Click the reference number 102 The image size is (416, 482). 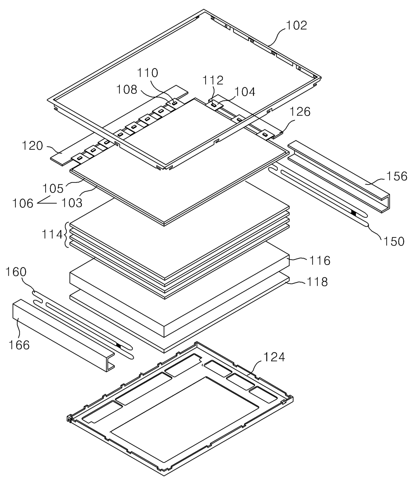[x=297, y=25]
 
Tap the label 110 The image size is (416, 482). [x=147, y=73]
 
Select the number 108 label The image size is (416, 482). [x=126, y=89]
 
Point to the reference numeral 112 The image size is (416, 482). [x=213, y=80]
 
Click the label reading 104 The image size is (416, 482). [x=245, y=92]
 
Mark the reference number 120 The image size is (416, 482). [x=33, y=146]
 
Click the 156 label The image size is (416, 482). [x=397, y=176]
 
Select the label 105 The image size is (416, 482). [x=53, y=189]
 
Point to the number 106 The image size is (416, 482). [x=23, y=204]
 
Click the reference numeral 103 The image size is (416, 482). [x=72, y=203]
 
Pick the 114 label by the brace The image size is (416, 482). [x=52, y=234]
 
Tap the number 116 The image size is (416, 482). [x=320, y=261]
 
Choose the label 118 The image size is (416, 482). [x=317, y=282]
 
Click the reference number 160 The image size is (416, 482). [x=16, y=272]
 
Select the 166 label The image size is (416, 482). [x=19, y=345]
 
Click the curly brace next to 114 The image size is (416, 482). [x=66, y=234]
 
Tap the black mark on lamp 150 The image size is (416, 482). [x=354, y=213]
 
